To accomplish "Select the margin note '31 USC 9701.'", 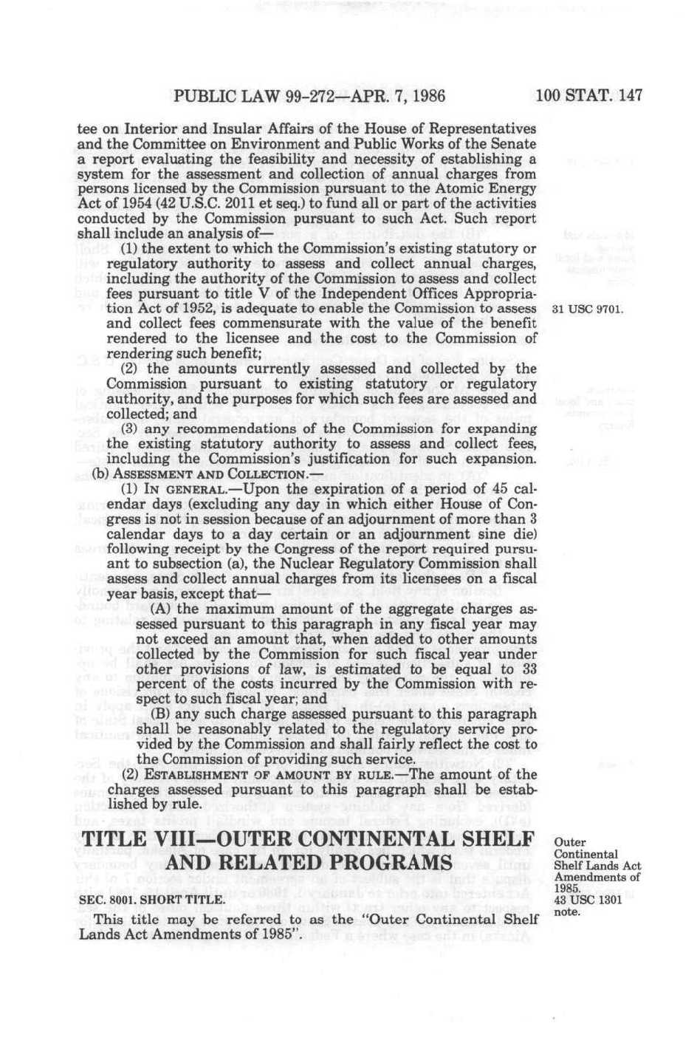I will click(x=588, y=309).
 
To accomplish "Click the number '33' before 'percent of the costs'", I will click(x=528, y=669).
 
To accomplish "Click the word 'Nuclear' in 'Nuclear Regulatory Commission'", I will click(x=316, y=564).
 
